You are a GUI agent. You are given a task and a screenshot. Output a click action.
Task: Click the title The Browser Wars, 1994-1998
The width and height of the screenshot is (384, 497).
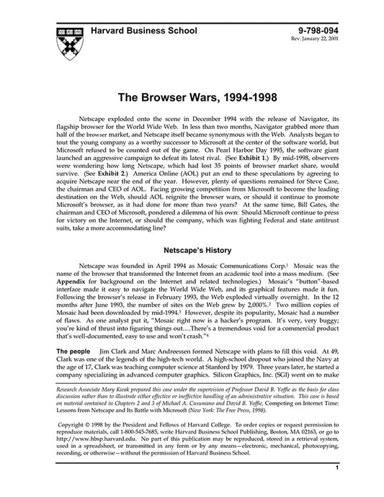point(192,95)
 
